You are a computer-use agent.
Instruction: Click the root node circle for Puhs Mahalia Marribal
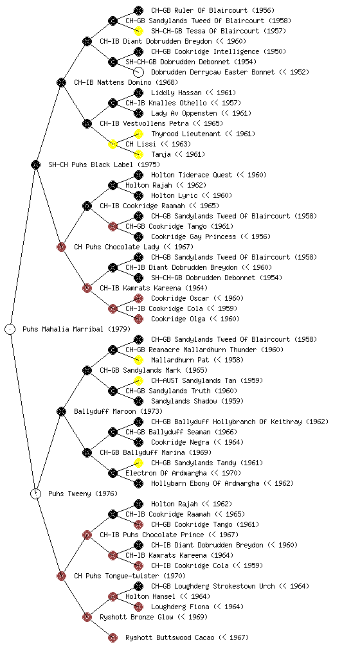[x=10, y=329]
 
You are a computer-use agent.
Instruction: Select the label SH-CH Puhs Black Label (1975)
[x=104, y=164]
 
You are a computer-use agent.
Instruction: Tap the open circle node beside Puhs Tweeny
[x=35, y=493]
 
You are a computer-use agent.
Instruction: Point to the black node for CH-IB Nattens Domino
[x=61, y=82]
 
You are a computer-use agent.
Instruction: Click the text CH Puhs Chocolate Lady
[x=116, y=247]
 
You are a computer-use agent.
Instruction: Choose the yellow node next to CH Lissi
[x=113, y=144]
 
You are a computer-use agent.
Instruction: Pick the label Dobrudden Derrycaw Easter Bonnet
[x=213, y=72]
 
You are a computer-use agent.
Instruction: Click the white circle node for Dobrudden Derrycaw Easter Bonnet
[x=138, y=72]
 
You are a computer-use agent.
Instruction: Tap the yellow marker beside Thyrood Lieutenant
[x=138, y=134]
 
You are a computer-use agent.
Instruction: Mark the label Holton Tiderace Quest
[x=192, y=175]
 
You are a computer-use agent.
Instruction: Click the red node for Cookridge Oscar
[x=138, y=298]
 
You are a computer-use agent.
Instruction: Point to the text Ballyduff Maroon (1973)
[x=118, y=411]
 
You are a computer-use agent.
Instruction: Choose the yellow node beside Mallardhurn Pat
[x=138, y=360]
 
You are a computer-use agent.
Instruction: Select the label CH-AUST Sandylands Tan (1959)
[x=207, y=380]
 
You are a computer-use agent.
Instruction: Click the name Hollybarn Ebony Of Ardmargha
[x=205, y=483]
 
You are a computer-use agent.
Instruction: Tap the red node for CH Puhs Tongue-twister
[x=61, y=576]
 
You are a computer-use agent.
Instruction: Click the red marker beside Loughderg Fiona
[x=138, y=607]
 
